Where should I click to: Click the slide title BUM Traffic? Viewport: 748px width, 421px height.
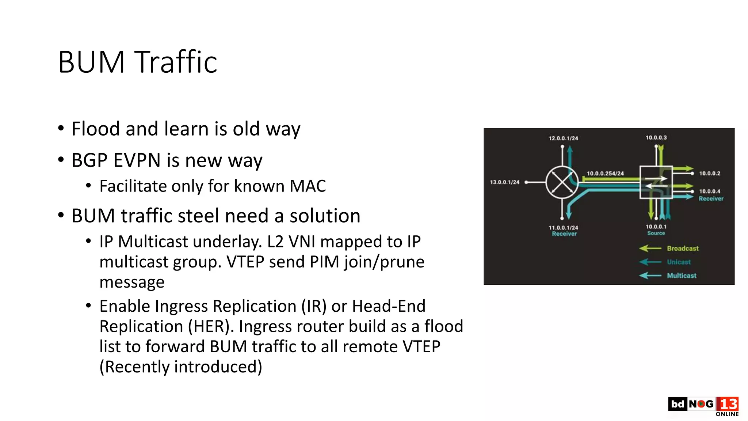138,62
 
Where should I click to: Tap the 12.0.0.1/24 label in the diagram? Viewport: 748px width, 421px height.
563,138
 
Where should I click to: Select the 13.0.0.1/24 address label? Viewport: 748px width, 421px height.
504,182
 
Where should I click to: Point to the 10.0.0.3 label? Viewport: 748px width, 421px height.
656,137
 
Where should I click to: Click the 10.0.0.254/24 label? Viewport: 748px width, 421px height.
605,173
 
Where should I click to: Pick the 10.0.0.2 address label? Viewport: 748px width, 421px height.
710,173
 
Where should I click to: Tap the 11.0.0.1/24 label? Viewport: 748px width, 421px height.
563,227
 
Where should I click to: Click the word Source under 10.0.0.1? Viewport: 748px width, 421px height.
656,233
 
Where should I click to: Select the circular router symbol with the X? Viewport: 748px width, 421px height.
562,182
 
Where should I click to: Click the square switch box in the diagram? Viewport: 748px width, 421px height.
656,182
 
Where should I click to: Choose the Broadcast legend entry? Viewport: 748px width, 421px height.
682,249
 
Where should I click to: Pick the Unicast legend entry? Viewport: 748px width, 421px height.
679,262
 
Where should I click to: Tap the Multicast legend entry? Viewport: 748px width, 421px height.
682,276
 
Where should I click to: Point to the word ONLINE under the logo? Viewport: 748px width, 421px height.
727,414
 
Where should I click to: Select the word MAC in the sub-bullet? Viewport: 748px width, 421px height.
308,186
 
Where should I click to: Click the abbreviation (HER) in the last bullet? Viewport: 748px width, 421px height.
210,326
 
